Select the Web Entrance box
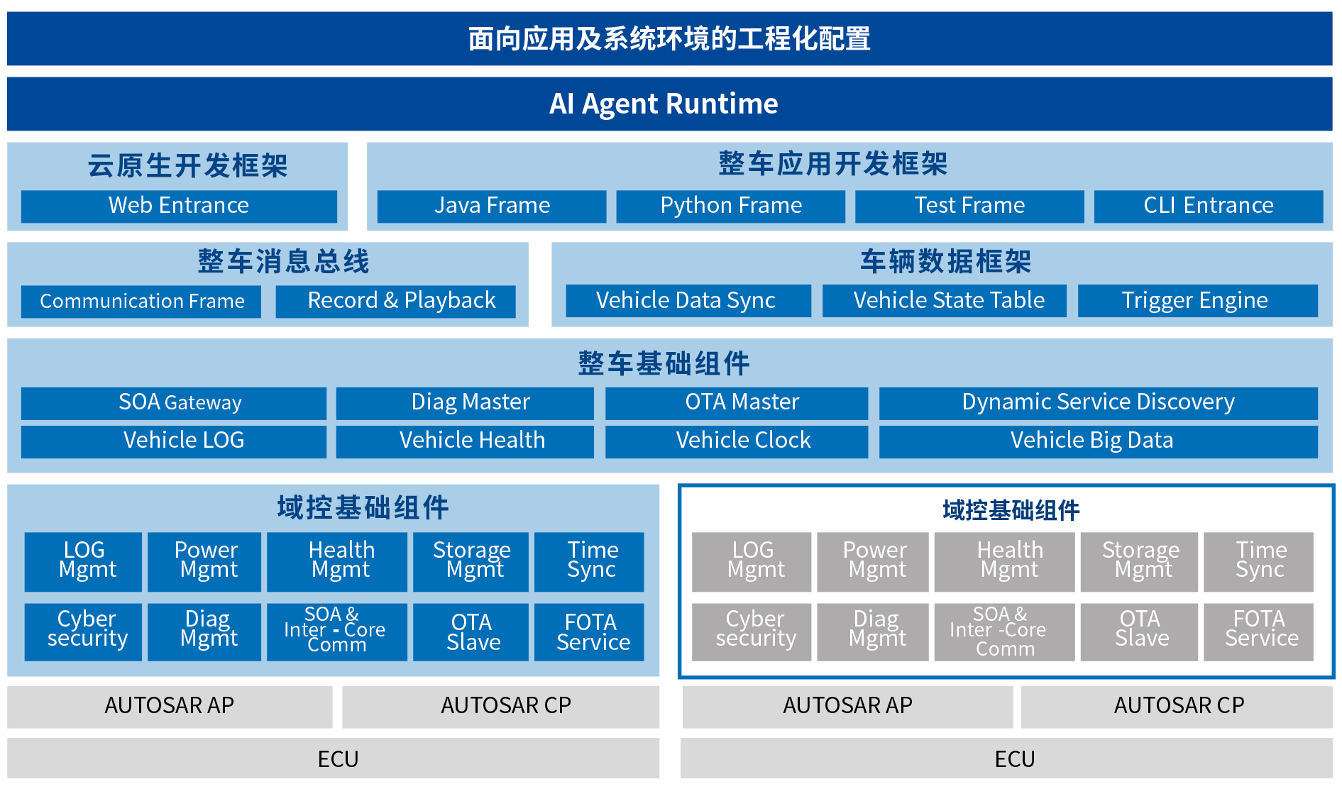[x=179, y=206]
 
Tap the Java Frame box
[x=491, y=206]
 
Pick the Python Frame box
[x=730, y=206]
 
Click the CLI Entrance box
[x=1208, y=206]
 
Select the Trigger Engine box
[x=1197, y=301]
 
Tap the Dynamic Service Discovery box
[x=1098, y=403]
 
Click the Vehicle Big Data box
[x=1098, y=441]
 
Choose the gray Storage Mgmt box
[x=1139, y=561]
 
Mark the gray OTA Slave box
[x=1139, y=632]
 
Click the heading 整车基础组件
[x=664, y=363]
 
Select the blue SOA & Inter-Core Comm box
[x=336, y=632]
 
